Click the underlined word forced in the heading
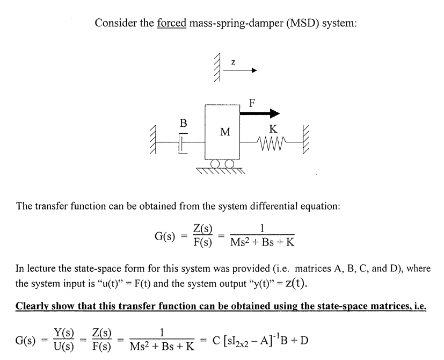(171, 24)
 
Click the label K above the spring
(273, 129)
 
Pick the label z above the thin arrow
(232, 62)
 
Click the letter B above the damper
(183, 123)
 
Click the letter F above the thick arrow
(252, 102)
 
